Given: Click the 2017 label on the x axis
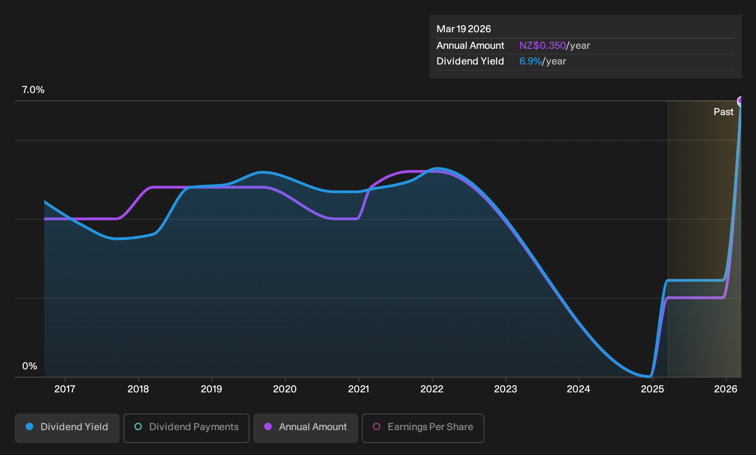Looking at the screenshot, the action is click(65, 389).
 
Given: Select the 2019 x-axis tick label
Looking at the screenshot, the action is click(212, 389).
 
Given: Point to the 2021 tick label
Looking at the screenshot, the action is click(358, 389).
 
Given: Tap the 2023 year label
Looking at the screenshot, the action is click(506, 389).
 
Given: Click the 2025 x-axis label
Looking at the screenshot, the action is click(652, 389).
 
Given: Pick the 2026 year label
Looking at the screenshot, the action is click(726, 389).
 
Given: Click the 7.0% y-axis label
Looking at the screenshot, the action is click(33, 90).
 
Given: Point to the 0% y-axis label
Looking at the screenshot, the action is click(30, 366).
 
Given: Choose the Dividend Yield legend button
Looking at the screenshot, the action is click(67, 428).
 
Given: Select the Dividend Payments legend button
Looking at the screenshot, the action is click(186, 428).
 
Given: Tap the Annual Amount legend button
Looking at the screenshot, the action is click(305, 428).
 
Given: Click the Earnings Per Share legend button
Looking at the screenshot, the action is click(423, 428).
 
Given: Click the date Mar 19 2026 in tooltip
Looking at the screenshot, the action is click(464, 29).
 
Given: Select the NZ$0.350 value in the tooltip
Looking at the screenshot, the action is click(542, 46).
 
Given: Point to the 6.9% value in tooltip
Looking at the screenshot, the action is click(530, 61).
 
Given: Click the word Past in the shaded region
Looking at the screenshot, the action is click(724, 112).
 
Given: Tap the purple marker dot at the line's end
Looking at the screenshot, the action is click(739, 100).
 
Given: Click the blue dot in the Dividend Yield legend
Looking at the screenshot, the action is click(30, 426).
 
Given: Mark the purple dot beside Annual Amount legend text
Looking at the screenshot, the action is click(268, 426).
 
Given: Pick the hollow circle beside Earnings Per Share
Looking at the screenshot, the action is click(377, 426).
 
